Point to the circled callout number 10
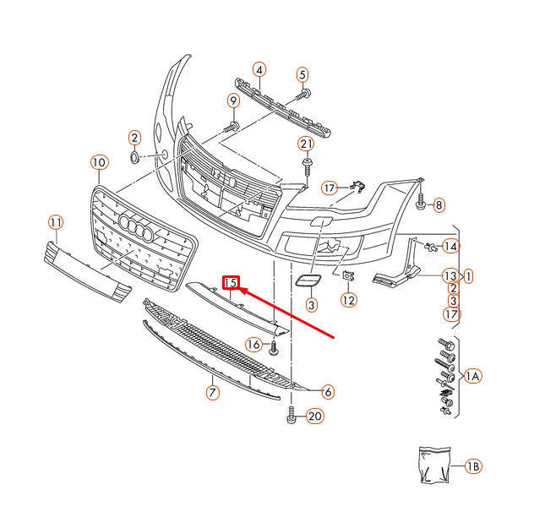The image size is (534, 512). [x=99, y=161]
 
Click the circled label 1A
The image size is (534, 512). [x=472, y=375]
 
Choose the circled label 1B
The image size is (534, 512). [x=473, y=466]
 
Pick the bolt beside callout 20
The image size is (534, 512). [x=292, y=415]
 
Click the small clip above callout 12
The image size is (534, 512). [x=347, y=275]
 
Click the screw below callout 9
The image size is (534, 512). [x=229, y=126]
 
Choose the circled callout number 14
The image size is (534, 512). [x=450, y=247]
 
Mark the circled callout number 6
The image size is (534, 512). [x=327, y=390]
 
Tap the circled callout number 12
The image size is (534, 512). [x=348, y=299]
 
